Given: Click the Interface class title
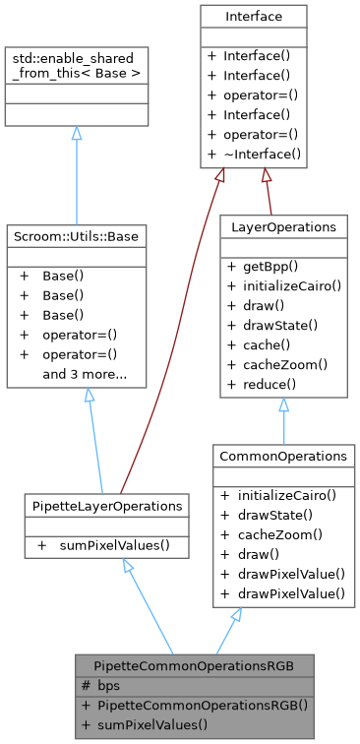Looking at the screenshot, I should click(253, 16).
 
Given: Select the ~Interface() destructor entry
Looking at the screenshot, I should click(261, 154).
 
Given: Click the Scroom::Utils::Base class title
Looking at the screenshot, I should click(77, 235).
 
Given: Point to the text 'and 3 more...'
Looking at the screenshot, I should click(85, 375).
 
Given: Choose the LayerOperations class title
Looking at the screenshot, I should click(284, 226).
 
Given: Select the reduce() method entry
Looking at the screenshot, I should click(265, 383).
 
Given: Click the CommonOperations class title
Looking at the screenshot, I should click(284, 456).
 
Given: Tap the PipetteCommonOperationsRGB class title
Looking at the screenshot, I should click(196, 665).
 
